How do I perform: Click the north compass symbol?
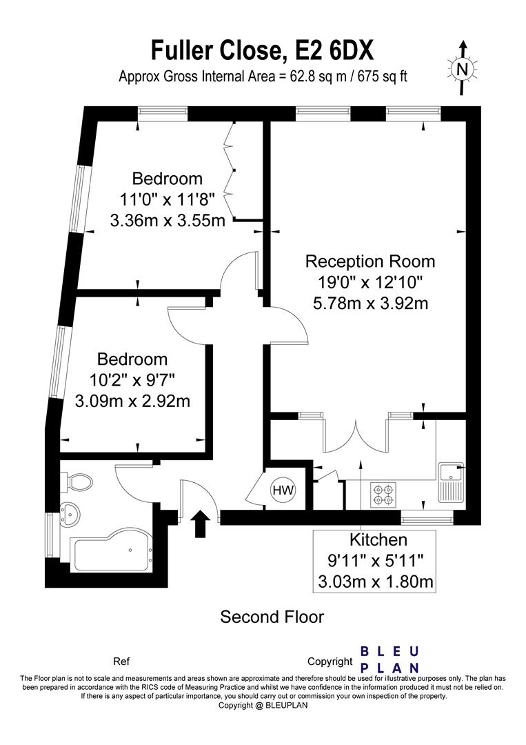[x=463, y=67]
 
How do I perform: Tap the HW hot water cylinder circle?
[x=283, y=490]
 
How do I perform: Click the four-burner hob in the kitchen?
[x=383, y=492]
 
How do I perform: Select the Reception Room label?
[x=370, y=261]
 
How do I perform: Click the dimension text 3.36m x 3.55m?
[x=168, y=221]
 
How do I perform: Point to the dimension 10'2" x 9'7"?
[x=132, y=380]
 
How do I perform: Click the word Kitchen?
[x=378, y=539]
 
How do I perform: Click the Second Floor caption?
[x=272, y=616]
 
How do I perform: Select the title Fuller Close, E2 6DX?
[x=263, y=50]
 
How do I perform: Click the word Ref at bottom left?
[x=120, y=661]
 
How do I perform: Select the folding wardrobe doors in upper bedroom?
[x=232, y=169]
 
